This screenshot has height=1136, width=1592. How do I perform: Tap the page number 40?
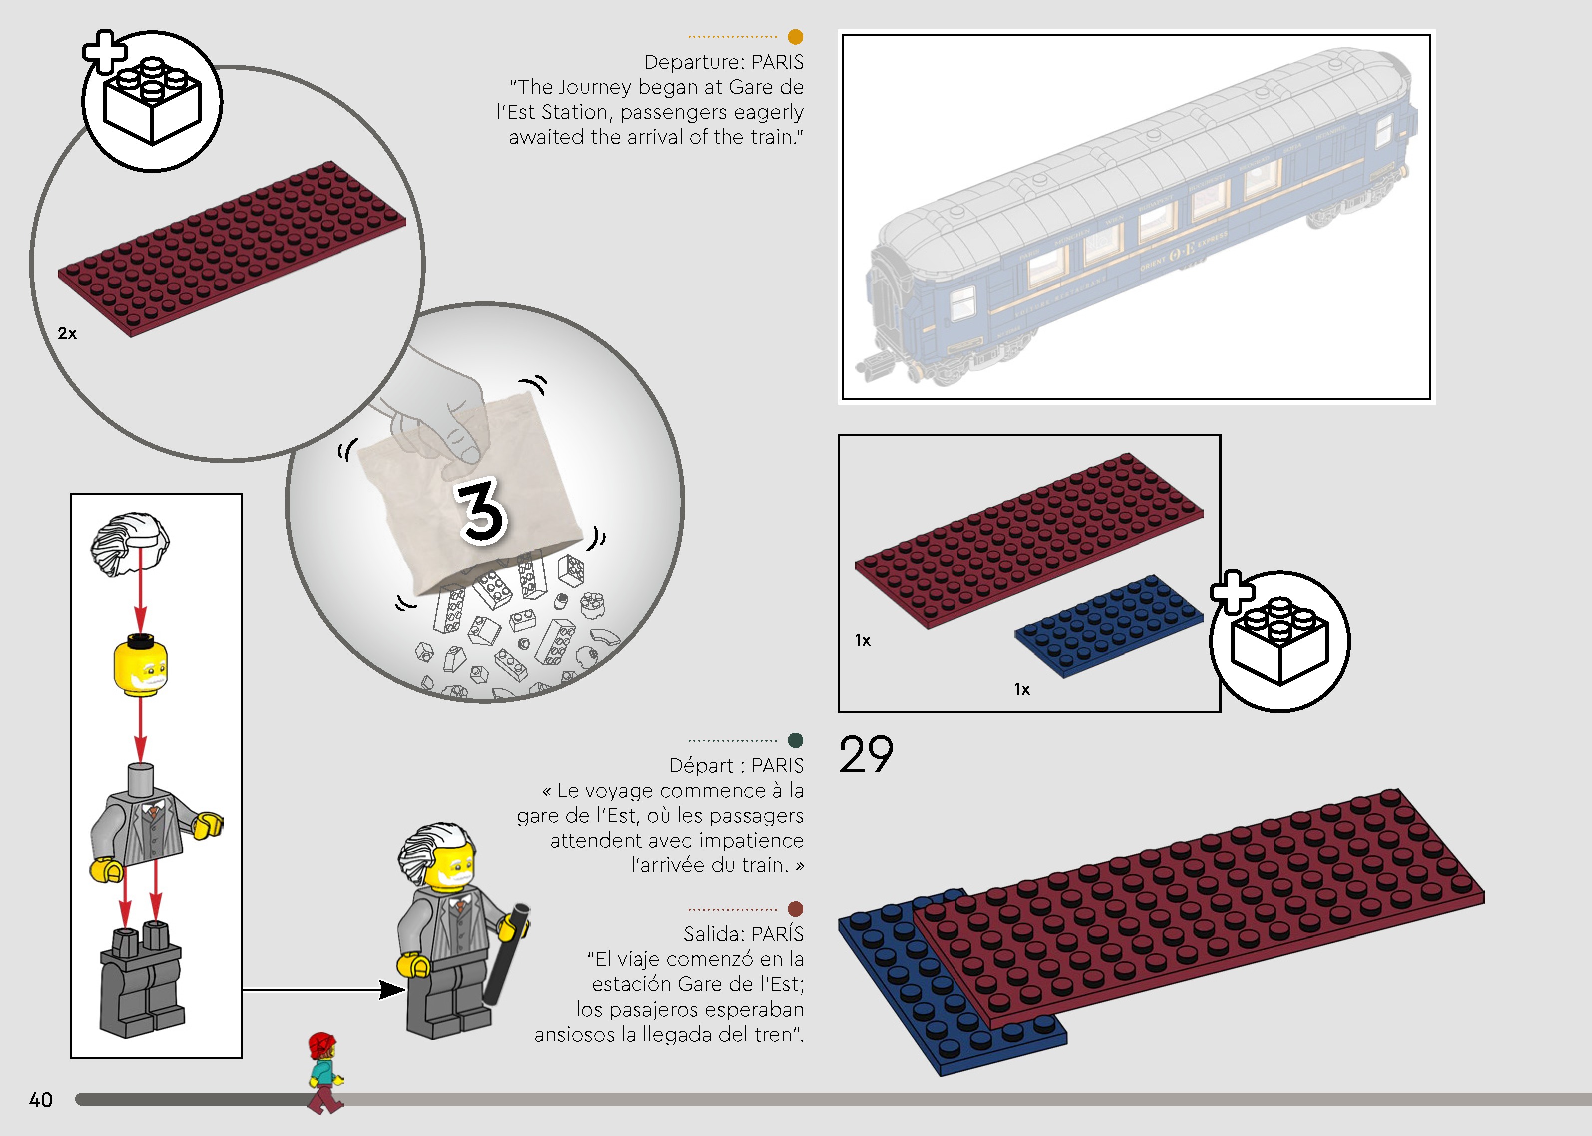(40, 1100)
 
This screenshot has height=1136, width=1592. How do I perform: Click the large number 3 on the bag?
(481, 511)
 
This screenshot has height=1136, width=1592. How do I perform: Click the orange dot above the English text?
(795, 36)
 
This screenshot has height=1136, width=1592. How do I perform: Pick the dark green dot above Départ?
(795, 740)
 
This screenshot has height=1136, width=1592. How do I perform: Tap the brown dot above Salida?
(795, 909)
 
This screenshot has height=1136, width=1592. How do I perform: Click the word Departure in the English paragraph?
(694, 62)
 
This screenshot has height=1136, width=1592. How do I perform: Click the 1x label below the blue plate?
(1022, 689)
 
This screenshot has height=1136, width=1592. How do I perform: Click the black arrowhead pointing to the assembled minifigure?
(392, 989)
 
